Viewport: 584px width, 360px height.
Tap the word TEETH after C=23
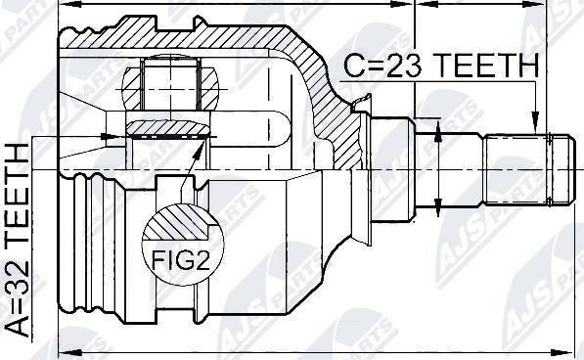point(485,67)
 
